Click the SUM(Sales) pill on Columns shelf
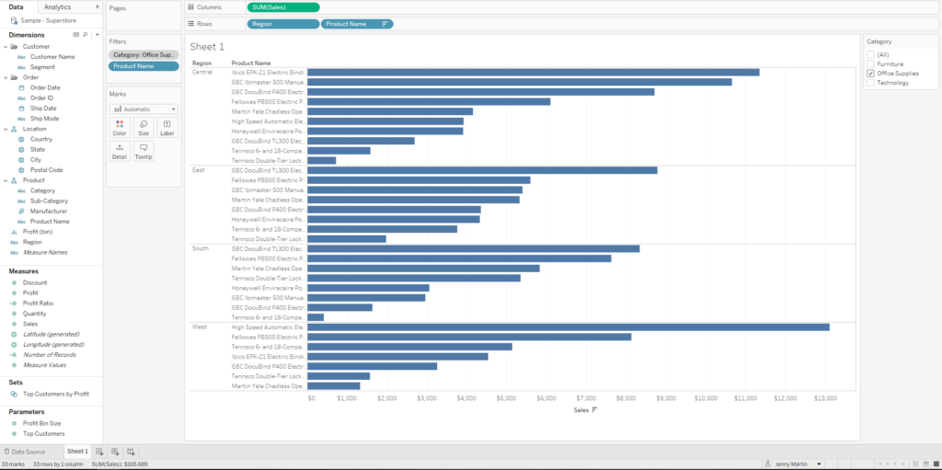click(283, 7)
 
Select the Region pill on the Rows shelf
click(283, 24)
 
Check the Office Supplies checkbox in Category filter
click(870, 74)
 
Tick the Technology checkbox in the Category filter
click(870, 83)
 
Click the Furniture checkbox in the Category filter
click(870, 64)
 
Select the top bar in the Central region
click(534, 72)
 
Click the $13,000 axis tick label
click(825, 398)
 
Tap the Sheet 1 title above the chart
click(207, 47)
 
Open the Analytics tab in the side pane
click(57, 7)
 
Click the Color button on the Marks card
click(120, 127)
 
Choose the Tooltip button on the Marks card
click(144, 151)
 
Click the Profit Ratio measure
click(38, 304)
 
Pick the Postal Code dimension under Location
click(46, 170)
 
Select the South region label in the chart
click(200, 248)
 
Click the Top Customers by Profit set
click(55, 394)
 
